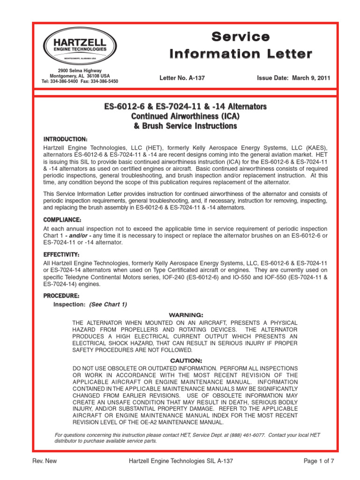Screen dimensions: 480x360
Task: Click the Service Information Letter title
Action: (240, 45)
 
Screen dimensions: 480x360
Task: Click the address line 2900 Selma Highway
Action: (79, 70)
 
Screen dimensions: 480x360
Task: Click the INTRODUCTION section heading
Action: (65, 140)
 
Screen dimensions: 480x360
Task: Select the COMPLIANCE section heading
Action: (62, 220)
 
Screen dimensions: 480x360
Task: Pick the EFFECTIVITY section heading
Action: (62, 254)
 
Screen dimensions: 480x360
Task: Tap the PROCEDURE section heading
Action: (61, 296)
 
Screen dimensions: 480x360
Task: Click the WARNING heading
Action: (185, 315)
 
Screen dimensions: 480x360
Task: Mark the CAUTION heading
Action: (185, 360)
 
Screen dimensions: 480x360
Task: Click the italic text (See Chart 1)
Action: (108, 304)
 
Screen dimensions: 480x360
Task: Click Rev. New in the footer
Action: (44, 461)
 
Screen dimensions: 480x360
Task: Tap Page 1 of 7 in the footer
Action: (319, 461)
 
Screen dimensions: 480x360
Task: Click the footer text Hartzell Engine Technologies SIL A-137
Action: (180, 461)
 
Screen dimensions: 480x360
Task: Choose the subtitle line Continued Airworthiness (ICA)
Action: (185, 116)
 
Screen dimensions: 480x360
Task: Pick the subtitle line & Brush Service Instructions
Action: (185, 126)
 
